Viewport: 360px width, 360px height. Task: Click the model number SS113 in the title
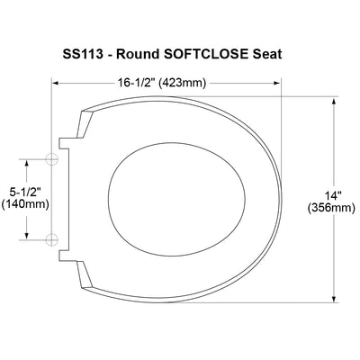83,54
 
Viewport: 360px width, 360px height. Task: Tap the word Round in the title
138,54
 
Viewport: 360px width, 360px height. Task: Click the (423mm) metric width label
182,83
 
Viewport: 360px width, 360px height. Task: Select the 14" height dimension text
331,195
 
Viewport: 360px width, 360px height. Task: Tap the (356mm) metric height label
331,208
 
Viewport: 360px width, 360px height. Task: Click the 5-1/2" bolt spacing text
25,192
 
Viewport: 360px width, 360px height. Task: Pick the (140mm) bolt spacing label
25,204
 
